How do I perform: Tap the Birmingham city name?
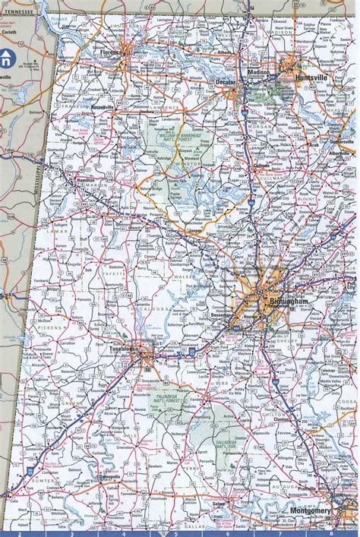pos(288,302)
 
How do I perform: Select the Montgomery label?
pos(311,510)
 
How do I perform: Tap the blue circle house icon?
pos(6,58)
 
